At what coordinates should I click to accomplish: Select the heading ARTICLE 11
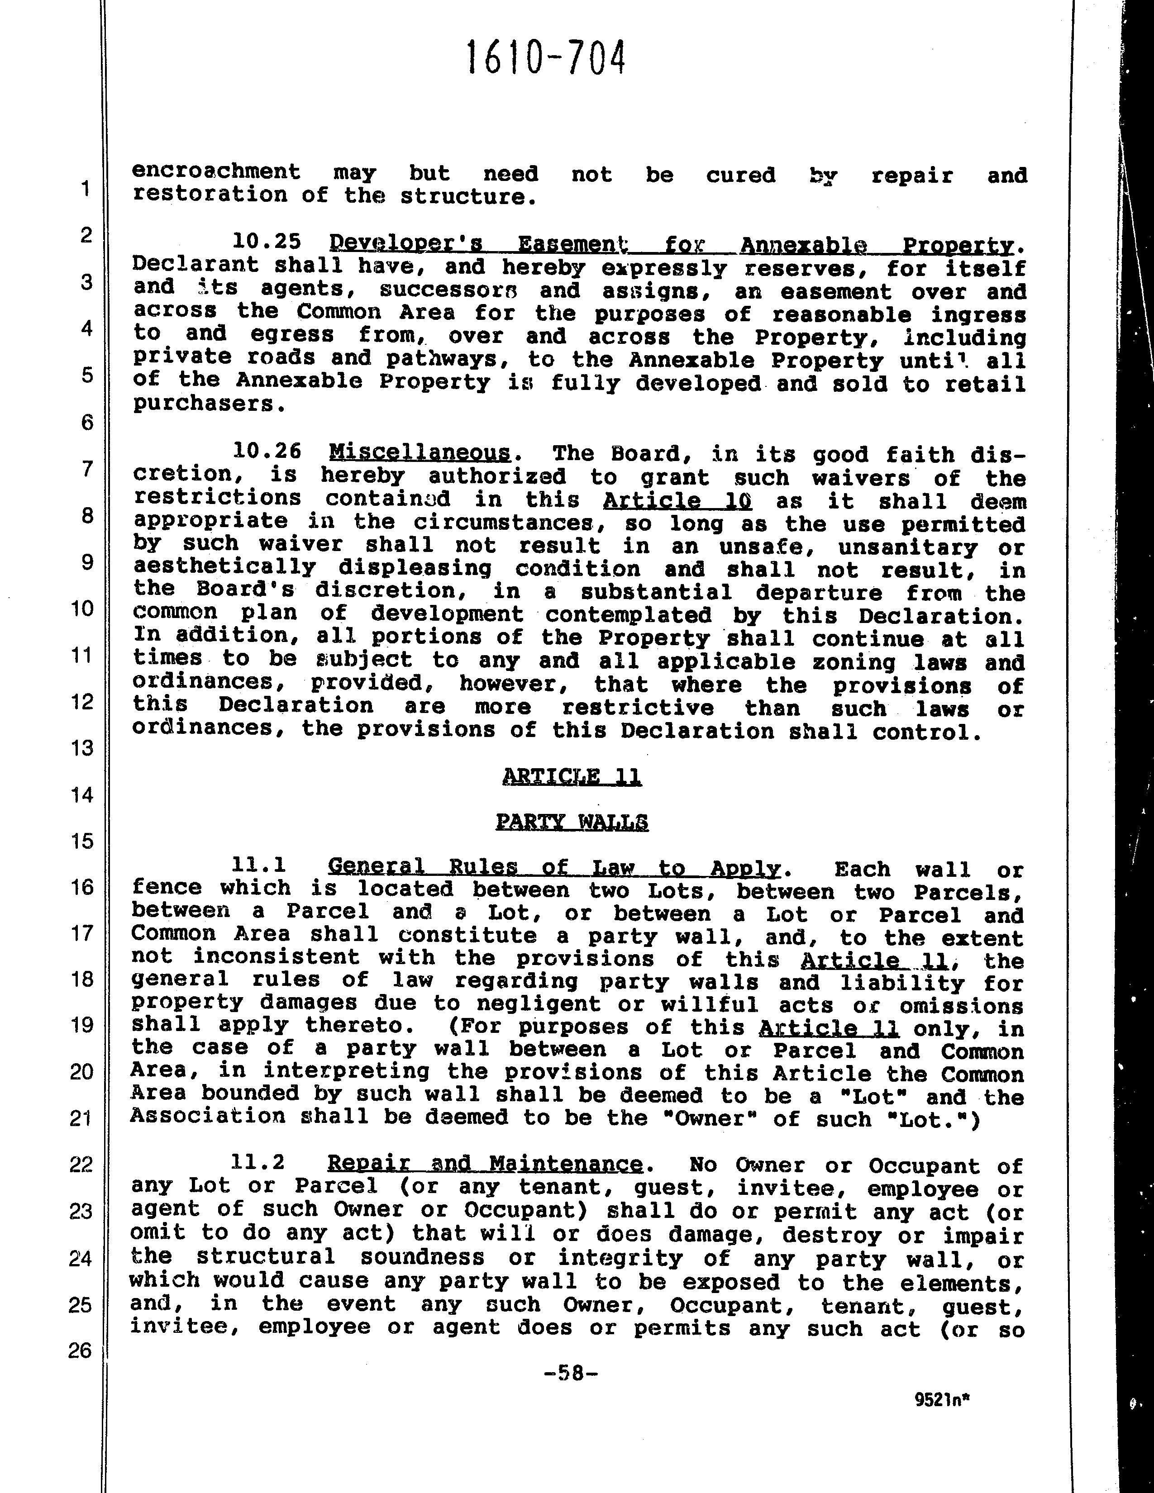[x=572, y=776]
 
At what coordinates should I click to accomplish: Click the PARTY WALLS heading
[x=572, y=821]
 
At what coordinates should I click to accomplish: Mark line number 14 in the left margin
[x=81, y=794]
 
